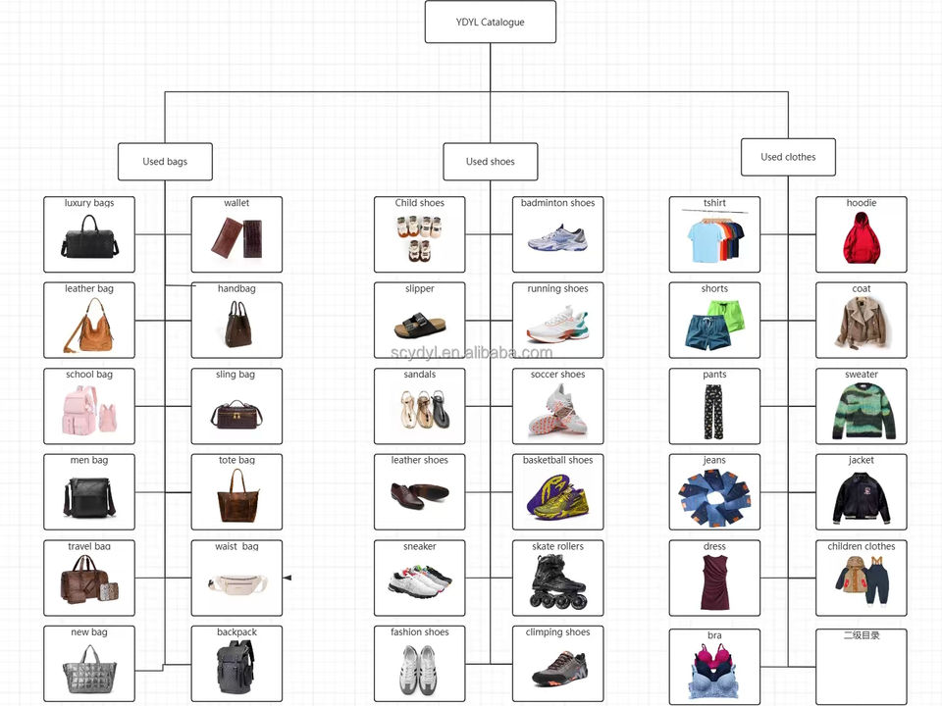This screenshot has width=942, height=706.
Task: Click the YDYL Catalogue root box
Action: pos(490,22)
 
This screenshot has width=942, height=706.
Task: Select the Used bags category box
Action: pos(165,162)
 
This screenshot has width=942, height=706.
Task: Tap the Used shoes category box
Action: pos(490,162)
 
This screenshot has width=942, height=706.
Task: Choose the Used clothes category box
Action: pos(788,157)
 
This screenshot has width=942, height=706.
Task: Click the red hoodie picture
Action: pos(862,238)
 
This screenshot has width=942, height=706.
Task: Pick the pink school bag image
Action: pos(89,410)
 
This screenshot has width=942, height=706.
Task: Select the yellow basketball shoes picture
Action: pos(556,495)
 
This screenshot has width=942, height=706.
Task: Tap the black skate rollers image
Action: pos(556,581)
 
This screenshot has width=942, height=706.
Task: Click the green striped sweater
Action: pos(862,411)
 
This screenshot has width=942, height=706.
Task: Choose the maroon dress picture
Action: pos(714,581)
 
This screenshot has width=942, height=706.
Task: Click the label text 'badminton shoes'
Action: pos(557,203)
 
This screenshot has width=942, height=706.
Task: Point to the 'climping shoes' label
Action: pos(557,632)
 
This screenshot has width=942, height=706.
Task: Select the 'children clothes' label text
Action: pos(862,546)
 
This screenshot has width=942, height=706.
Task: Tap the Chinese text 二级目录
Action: pos(862,635)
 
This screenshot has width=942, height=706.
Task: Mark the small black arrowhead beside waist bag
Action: pos(287,579)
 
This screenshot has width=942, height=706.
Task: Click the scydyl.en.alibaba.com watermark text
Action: pos(466,353)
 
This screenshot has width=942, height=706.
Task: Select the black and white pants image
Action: pos(714,412)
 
